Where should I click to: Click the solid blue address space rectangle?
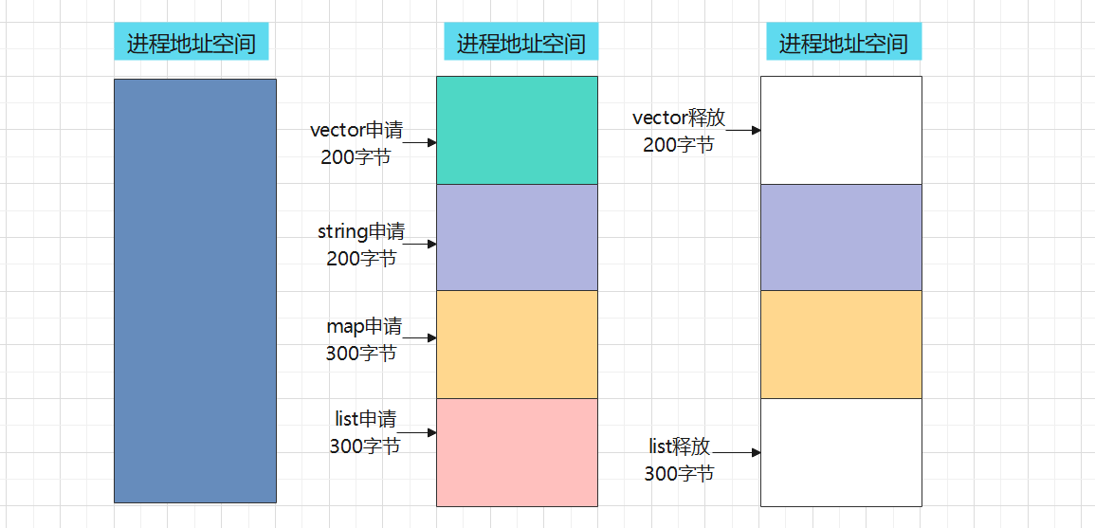pos(194,290)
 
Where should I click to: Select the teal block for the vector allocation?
pos(517,130)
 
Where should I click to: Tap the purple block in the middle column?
pos(517,237)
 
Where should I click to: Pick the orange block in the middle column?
pos(517,344)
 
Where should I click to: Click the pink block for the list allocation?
pos(517,452)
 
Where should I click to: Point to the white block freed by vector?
pos(841,130)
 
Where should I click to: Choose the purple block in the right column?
pos(841,237)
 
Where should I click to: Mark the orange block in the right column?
pos(841,344)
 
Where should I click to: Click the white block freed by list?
pos(841,452)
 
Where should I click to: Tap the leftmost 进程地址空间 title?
pos(192,44)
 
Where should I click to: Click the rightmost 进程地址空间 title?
pos(843,44)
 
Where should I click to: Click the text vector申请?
pos(356,131)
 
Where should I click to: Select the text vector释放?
pos(679,118)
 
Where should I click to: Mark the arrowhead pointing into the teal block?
pos(431,142)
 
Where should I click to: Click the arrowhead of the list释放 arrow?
pos(756,453)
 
